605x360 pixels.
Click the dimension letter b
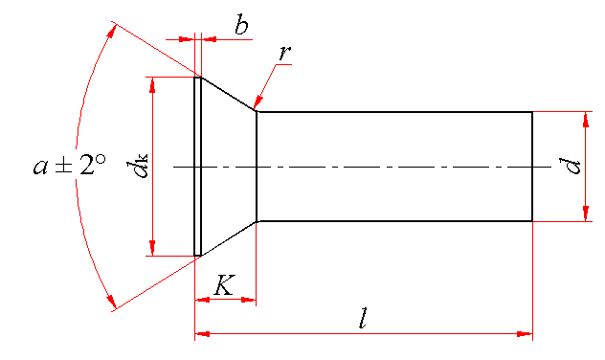pyautogui.click(x=241, y=26)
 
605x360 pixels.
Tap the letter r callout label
pyautogui.click(x=284, y=54)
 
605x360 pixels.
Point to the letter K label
pyautogui.click(x=224, y=285)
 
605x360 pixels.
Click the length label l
pyautogui.click(x=363, y=318)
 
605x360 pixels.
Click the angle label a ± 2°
pyautogui.click(x=70, y=165)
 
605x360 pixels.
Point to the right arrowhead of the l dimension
pyautogui.click(x=525, y=334)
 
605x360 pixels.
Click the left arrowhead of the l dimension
pyautogui.click(x=203, y=334)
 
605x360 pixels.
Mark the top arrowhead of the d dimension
pyautogui.click(x=586, y=120)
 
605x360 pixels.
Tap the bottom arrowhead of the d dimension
pyautogui.click(x=586, y=214)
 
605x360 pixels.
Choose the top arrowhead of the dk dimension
pyautogui.click(x=153, y=85)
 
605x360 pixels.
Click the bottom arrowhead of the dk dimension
pyautogui.click(x=153, y=248)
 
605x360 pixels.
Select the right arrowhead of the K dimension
pyautogui.click(x=249, y=300)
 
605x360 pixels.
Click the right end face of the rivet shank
pyautogui.click(x=532, y=167)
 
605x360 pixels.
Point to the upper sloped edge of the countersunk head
pyautogui.click(x=229, y=95)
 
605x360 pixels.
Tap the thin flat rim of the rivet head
pyautogui.click(x=197, y=167)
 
